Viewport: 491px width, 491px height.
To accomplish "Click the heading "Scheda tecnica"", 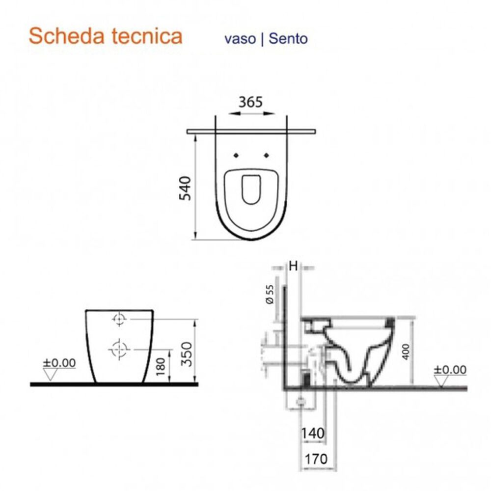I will coord(106,36).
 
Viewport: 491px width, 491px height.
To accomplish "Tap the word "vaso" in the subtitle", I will coord(240,39).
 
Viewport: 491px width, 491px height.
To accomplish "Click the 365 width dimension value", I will coord(251,102).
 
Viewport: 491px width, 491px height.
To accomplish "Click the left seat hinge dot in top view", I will coord(236,156).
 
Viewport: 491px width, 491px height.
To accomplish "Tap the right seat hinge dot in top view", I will coord(267,156).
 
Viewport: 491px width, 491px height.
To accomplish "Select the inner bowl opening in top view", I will coord(251,190).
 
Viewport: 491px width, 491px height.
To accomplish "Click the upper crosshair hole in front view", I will coord(118,320).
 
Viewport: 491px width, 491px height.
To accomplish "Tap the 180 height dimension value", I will coord(160,367).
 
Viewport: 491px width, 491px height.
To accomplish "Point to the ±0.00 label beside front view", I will coord(59,363).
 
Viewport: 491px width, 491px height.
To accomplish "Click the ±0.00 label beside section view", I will coord(450,370).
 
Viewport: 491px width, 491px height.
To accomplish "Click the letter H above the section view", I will coord(293,266).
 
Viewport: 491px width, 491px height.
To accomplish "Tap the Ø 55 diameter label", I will coord(269,294).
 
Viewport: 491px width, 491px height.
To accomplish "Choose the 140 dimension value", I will coord(313,434).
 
